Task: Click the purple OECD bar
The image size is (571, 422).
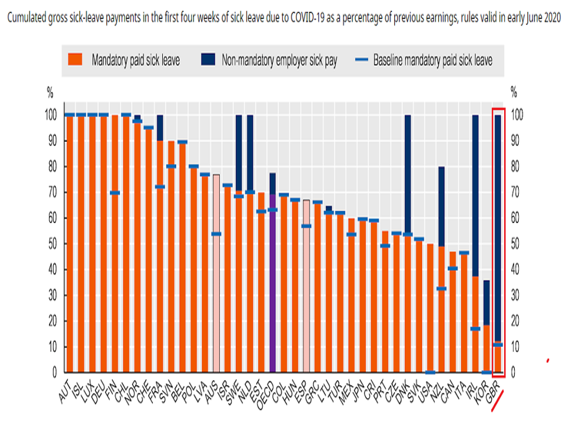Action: pos(273,285)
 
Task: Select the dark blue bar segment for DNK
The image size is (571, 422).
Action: pos(408,174)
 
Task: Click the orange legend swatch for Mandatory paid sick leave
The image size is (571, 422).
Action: pos(76,60)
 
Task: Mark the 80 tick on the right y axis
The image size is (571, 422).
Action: pos(515,167)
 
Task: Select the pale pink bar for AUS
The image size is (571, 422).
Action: pos(216,273)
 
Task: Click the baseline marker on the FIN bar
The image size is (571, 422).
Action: pos(115,192)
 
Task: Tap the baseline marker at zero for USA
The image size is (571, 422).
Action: pos(430,372)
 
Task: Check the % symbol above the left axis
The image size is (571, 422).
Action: pos(51,92)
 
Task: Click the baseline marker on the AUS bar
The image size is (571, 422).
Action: pos(216,234)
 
